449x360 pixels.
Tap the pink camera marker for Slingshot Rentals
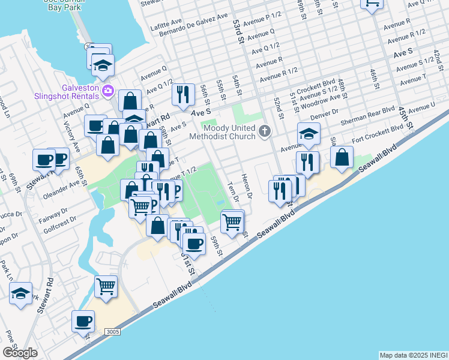click(x=108, y=91)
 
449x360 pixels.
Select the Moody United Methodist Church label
click(x=230, y=132)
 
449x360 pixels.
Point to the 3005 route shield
click(x=111, y=332)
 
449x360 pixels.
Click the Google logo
click(x=20, y=353)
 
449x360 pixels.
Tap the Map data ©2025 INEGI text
click(x=413, y=355)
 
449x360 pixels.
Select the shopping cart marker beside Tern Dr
click(x=232, y=223)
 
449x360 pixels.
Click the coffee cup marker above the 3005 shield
click(x=83, y=321)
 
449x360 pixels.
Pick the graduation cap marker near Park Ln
click(x=20, y=294)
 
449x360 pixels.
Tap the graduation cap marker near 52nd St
click(x=309, y=134)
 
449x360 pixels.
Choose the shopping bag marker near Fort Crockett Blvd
click(x=342, y=157)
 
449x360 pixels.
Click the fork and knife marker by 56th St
click(x=183, y=94)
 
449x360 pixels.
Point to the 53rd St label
click(x=238, y=31)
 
